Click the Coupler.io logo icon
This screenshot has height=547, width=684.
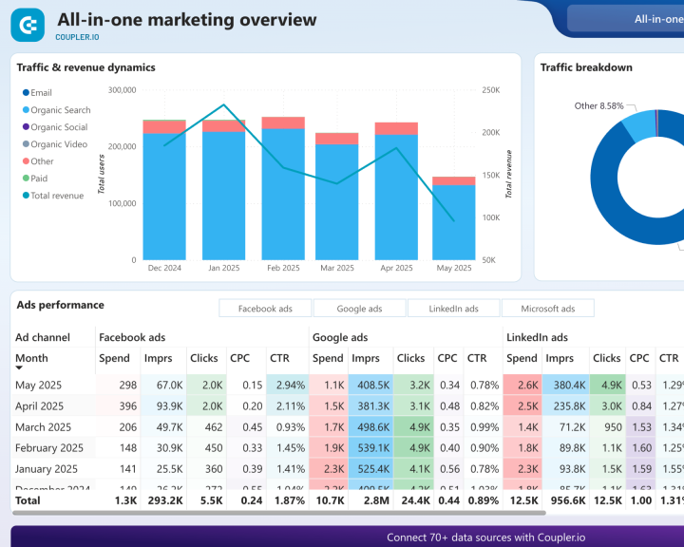(28, 25)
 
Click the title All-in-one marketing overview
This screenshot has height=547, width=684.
(186, 19)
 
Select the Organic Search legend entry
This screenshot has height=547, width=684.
(60, 110)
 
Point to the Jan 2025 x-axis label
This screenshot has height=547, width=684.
(223, 269)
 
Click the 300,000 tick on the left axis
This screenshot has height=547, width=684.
(122, 90)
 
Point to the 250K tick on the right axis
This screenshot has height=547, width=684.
(491, 90)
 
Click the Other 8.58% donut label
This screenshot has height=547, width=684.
(598, 106)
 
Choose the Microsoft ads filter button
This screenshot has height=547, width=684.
(548, 309)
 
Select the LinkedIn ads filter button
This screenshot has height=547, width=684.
(453, 309)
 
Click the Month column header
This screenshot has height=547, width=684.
(31, 358)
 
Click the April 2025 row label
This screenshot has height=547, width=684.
(39, 406)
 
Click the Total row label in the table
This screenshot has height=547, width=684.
(28, 500)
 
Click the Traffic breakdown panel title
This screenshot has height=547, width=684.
(586, 67)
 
